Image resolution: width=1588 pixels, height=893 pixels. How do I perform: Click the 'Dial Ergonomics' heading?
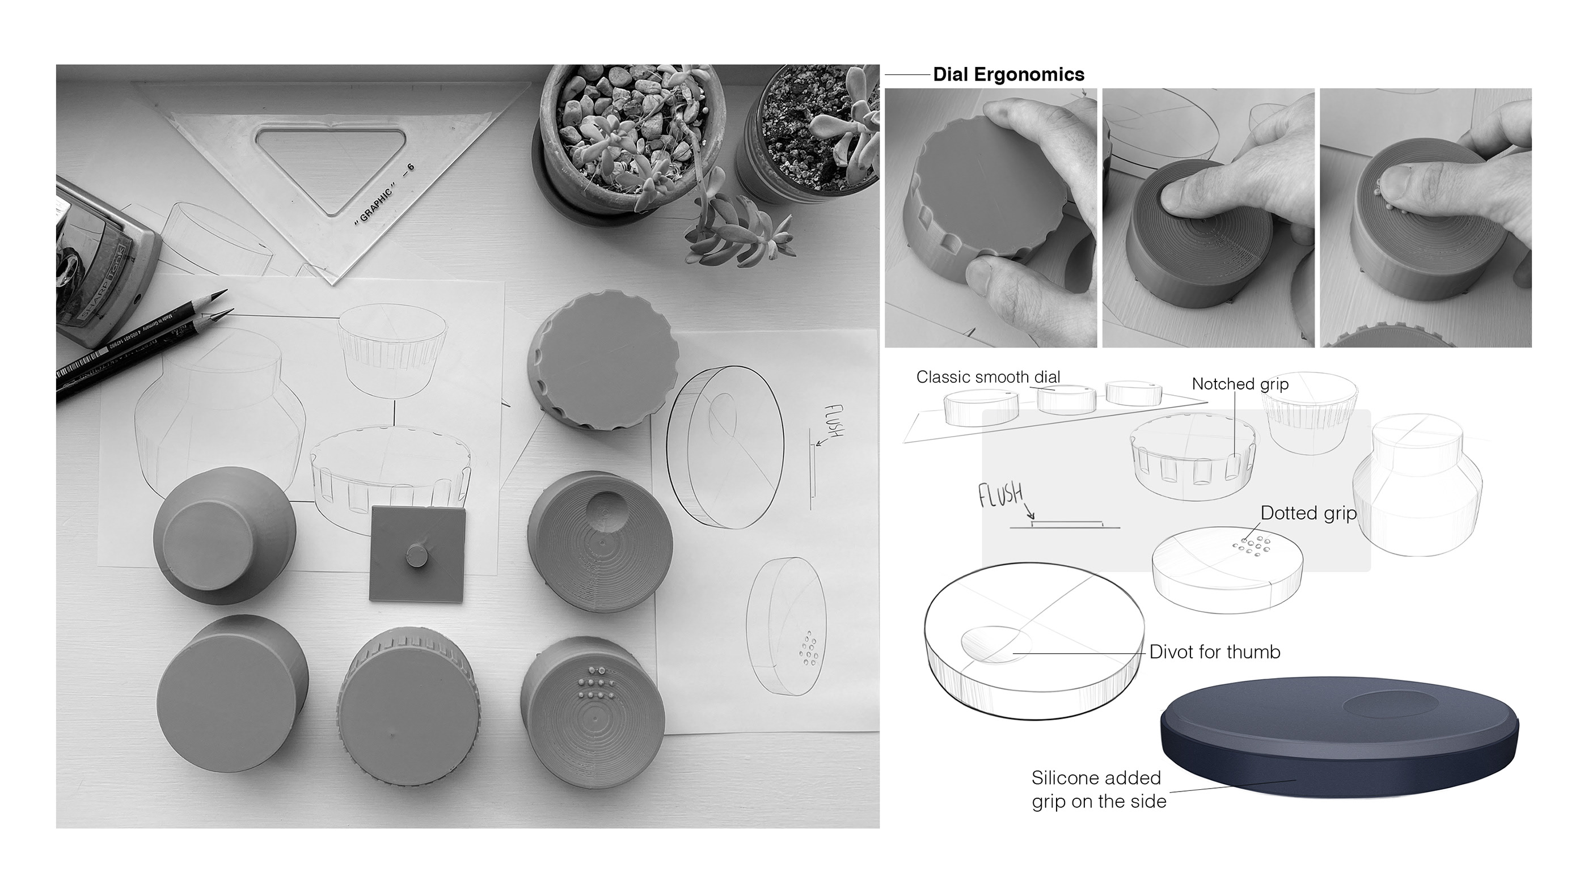pyautogui.click(x=1008, y=75)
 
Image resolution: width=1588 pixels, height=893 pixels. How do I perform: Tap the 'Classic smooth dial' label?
pyautogui.click(x=987, y=376)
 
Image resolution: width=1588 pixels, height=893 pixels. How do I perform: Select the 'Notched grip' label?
pyautogui.click(x=1240, y=384)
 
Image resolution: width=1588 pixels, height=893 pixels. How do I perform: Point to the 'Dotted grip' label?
pyautogui.click(x=1308, y=513)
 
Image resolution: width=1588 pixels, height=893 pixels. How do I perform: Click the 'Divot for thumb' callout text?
pyautogui.click(x=1214, y=652)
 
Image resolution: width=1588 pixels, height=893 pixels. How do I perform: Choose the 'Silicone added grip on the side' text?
pyautogui.click(x=1099, y=789)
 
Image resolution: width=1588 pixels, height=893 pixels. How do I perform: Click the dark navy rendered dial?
pyautogui.click(x=1338, y=739)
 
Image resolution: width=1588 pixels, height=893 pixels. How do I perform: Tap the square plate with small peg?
pyautogui.click(x=417, y=553)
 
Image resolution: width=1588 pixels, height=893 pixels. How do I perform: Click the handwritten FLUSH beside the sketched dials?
pyautogui.click(x=1000, y=495)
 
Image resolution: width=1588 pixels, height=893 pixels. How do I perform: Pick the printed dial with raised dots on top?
pyautogui.click(x=592, y=712)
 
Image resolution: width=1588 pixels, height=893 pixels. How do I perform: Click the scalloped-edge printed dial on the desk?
pyautogui.click(x=602, y=360)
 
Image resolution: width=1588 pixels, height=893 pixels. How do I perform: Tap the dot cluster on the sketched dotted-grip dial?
pyautogui.click(x=1250, y=545)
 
